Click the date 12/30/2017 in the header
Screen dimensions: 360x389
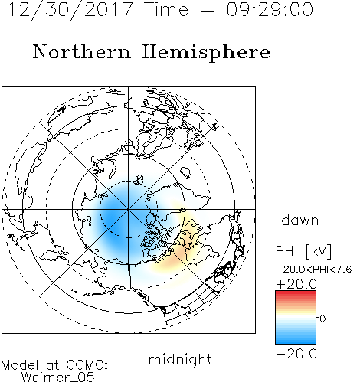point(70,10)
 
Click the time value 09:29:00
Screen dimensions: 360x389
point(270,9)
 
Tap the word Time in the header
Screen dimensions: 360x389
point(166,9)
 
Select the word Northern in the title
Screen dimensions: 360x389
point(82,51)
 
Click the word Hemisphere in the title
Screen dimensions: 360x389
point(206,53)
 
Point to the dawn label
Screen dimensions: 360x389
point(300,220)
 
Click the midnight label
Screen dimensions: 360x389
point(180,360)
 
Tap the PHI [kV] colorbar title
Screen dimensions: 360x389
point(303,251)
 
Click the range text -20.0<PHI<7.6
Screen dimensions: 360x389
point(314,270)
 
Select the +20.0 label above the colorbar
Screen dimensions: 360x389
point(296,284)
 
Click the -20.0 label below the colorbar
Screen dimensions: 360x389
point(296,354)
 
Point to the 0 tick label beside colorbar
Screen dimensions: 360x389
point(322,319)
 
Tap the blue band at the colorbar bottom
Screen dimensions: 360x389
point(296,340)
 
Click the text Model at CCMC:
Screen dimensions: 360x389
point(54,365)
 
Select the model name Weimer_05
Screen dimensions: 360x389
point(58,378)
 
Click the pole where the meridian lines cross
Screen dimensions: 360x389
point(129,209)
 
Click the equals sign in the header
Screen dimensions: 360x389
point(208,10)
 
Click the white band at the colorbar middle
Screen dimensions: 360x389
point(296,318)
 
